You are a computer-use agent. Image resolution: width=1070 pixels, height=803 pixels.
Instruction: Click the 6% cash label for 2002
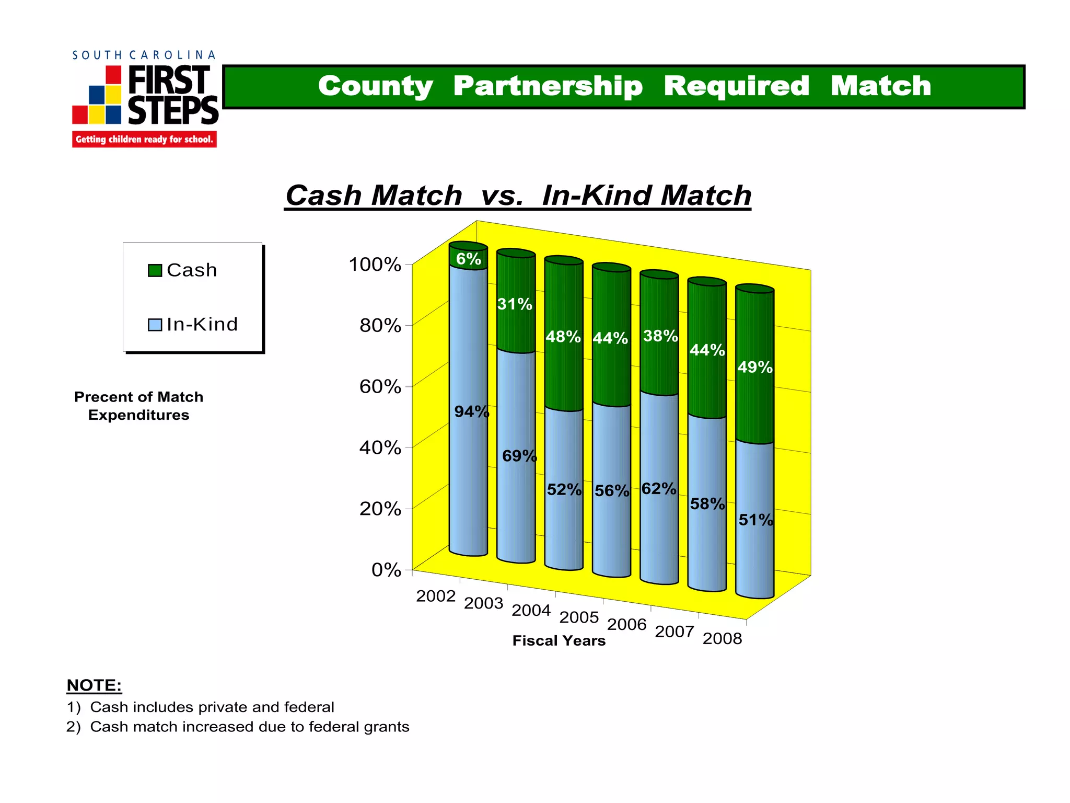click(468, 259)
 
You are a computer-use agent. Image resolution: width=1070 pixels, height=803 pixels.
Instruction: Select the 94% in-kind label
click(471, 412)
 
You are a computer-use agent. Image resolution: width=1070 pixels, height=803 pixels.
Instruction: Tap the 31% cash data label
click(515, 304)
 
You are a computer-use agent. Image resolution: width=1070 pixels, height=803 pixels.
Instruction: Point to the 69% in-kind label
click(519, 456)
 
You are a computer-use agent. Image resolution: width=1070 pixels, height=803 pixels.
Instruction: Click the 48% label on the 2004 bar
click(563, 337)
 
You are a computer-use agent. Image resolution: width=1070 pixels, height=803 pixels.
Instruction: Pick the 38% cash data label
click(660, 336)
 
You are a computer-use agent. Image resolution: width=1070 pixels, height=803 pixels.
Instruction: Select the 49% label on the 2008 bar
click(755, 367)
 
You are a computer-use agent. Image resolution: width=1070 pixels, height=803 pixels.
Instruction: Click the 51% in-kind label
click(755, 520)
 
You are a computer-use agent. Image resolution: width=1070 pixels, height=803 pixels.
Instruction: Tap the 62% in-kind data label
click(659, 489)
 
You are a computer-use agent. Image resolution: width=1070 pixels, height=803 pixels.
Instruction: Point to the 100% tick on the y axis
click(375, 265)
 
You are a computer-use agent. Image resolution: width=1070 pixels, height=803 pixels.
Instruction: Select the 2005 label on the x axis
click(579, 617)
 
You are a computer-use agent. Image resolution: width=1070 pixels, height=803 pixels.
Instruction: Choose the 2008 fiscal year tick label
click(722, 639)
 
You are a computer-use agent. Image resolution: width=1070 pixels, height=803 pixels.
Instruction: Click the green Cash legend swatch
click(155, 270)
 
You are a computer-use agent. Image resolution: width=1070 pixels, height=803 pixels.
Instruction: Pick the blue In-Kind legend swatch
click(155, 325)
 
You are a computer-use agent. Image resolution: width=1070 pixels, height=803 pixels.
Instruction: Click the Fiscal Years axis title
click(559, 641)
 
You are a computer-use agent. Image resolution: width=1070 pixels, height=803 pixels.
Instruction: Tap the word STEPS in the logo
click(173, 110)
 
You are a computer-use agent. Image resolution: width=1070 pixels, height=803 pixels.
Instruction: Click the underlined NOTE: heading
click(94, 685)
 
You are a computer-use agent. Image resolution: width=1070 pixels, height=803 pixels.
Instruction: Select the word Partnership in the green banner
click(548, 86)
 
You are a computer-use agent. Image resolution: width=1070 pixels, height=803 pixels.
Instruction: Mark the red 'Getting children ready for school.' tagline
click(144, 140)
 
